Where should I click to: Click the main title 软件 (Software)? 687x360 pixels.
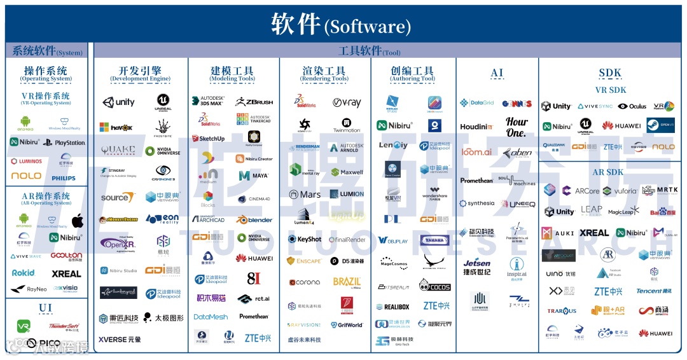pos(341,25)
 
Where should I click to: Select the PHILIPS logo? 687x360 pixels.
pos(64,178)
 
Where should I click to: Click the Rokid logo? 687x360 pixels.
pos(24,273)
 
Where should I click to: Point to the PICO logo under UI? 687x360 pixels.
pos(45,344)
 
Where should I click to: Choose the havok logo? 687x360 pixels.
pos(116,128)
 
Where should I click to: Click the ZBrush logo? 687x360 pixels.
pos(254,102)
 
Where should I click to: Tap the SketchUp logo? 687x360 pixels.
pos(208,138)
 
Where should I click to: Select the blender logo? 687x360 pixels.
pos(254,219)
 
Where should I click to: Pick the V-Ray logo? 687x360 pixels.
pos(347,102)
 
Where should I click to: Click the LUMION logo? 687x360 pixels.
pos(347,194)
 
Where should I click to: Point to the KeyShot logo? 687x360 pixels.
pos(305,239)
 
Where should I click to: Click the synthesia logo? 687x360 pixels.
pos(476,204)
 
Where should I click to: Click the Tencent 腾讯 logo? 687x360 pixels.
pos(654,291)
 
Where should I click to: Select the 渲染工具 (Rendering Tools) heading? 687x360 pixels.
pos(324,74)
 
